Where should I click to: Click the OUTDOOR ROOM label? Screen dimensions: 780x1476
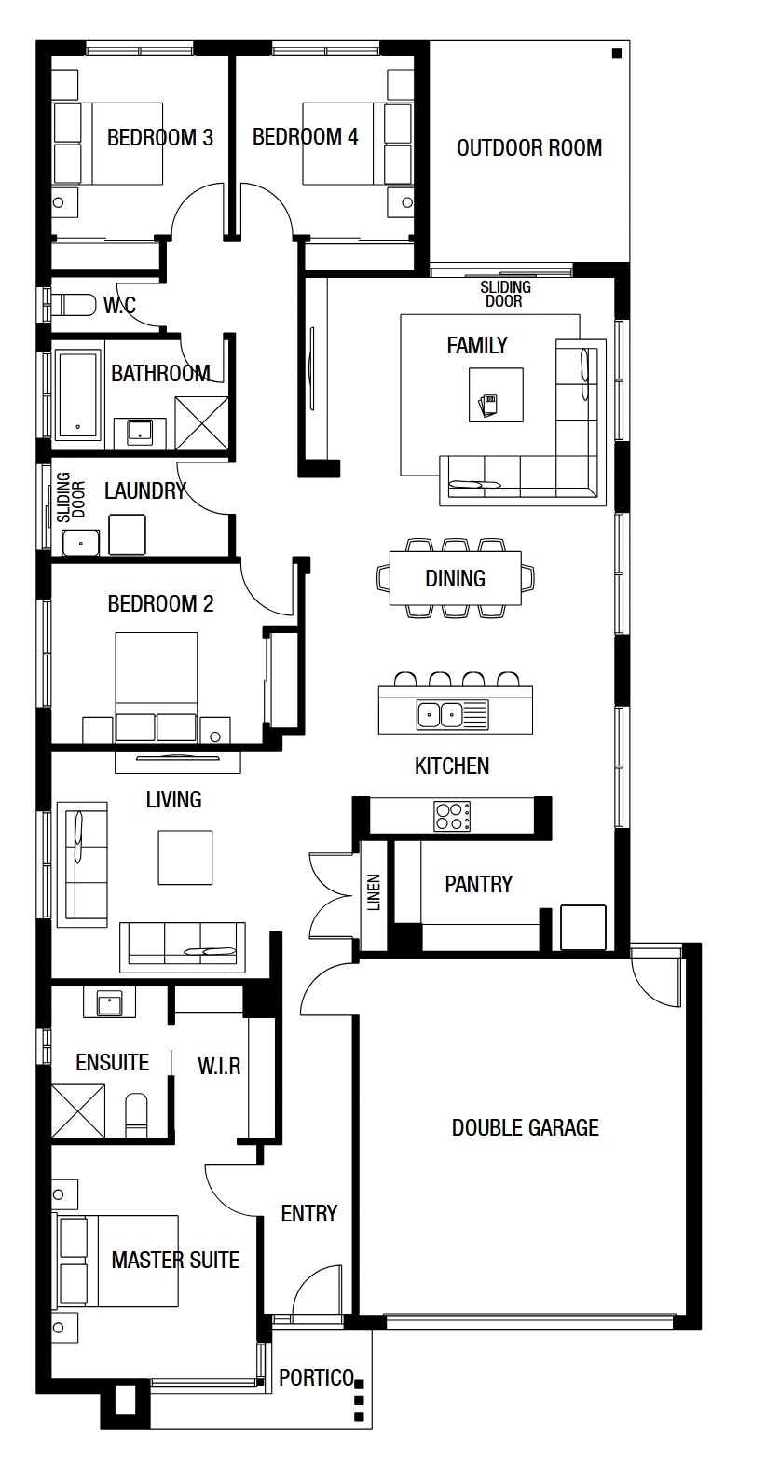point(529,147)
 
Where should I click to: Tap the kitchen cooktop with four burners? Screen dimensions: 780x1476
point(452,816)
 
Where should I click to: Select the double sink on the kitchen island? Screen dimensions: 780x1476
point(453,714)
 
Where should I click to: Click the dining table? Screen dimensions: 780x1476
point(455,578)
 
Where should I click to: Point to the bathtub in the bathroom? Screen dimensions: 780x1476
point(78,394)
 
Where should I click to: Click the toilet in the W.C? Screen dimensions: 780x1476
point(74,304)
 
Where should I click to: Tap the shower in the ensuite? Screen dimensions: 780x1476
point(77,1110)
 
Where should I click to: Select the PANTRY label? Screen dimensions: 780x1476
point(478,884)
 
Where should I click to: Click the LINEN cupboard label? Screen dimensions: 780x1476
point(374,892)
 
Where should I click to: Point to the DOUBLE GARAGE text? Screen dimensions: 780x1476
point(525,1127)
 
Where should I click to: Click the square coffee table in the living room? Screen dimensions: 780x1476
point(185,857)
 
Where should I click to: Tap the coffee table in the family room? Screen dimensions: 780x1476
point(496,394)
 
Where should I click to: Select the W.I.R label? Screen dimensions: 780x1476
point(219,1066)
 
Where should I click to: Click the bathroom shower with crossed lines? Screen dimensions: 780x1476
point(201,423)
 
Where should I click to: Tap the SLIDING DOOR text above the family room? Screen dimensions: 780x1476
point(505,294)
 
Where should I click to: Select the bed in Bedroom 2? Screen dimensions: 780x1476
point(157,686)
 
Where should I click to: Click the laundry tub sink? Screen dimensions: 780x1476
point(80,544)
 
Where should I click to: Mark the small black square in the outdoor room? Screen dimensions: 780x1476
point(617,53)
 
